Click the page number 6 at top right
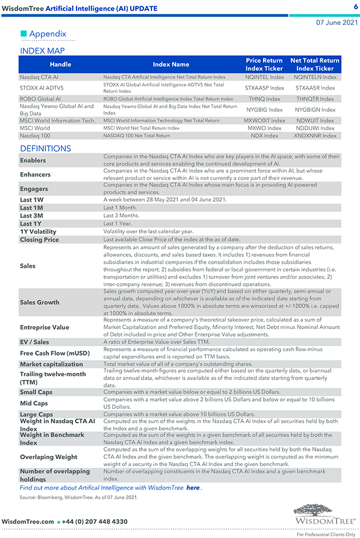click(x=356, y=7)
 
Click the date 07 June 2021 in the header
click(x=337, y=23)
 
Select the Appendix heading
click(x=48, y=34)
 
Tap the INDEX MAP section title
click(x=42, y=51)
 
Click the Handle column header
click(x=60, y=64)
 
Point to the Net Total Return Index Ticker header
click(x=315, y=64)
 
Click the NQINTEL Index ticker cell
click(x=264, y=78)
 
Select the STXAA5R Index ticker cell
click(x=315, y=88)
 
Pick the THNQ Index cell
click(x=264, y=99)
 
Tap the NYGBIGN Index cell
click(x=315, y=110)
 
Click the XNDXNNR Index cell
click(x=315, y=135)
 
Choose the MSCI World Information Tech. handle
click(x=58, y=120)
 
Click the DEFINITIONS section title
click(x=45, y=148)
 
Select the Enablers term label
click(x=33, y=161)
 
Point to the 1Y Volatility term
click(x=38, y=232)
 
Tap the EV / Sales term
click(x=34, y=342)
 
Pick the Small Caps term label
click(x=37, y=392)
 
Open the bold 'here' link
click(x=193, y=488)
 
